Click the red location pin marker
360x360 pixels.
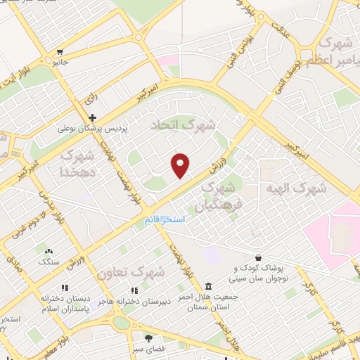[181, 165]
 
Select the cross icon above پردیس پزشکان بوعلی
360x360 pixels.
[91, 117]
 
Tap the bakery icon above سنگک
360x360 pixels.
[49, 251]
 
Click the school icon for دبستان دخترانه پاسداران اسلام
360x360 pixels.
[65, 288]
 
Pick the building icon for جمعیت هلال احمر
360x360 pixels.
[208, 285]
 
